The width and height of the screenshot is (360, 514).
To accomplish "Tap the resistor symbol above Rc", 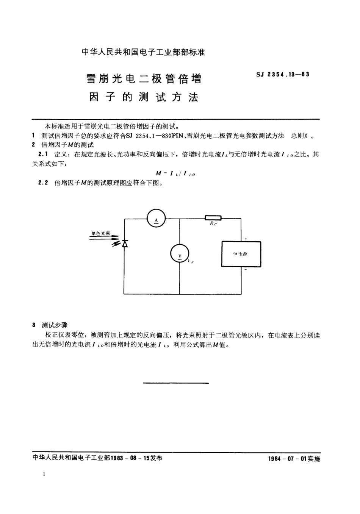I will (x=213, y=218).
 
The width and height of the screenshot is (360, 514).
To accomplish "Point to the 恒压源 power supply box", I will (x=241, y=254).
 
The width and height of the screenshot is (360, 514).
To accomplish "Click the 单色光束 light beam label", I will (x=100, y=234).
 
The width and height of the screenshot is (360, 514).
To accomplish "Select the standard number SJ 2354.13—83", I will (x=283, y=74).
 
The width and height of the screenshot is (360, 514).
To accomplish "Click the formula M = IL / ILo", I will (x=175, y=173).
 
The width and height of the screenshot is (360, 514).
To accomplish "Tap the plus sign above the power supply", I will (x=246, y=239).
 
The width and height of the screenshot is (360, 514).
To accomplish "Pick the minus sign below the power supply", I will (x=246, y=270).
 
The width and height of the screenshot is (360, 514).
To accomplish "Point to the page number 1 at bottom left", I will (x=44, y=474).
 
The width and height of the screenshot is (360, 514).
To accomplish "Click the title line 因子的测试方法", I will (x=144, y=97).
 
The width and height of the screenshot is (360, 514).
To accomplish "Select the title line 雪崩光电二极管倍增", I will (x=144, y=79).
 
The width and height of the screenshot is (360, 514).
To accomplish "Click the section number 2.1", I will (x=43, y=154).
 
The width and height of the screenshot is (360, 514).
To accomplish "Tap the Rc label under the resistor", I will (x=213, y=223).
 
